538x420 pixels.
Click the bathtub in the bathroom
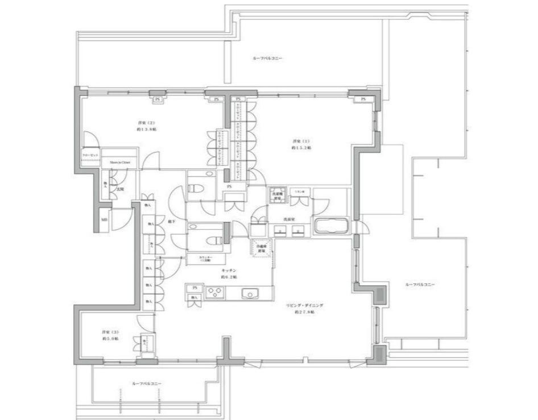coord(330,226)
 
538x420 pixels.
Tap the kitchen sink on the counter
coord(250,294)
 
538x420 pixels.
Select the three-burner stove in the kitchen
coord(216,294)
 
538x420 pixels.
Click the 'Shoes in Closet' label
coord(120,162)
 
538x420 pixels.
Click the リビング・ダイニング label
coord(305,306)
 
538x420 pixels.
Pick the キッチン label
coord(230,270)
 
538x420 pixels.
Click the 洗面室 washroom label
coord(288,219)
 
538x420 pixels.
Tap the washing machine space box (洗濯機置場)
coord(277,195)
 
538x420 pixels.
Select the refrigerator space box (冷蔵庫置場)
coord(262,248)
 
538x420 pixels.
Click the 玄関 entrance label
coord(121,189)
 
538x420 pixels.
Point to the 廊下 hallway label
coord(171,221)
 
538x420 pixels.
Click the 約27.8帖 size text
coord(304,313)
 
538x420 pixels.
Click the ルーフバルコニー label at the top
coord(267,59)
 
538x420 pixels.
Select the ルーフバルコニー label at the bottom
coord(146,384)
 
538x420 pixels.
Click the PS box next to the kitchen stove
coord(194,287)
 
